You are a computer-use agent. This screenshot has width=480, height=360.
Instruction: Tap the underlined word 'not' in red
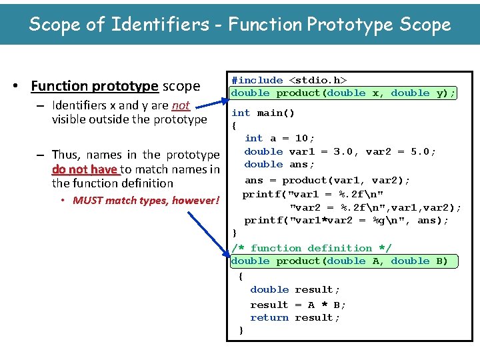point(181,105)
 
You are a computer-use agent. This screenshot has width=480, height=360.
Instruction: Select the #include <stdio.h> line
point(289,80)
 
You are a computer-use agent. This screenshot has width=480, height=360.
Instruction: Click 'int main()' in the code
point(263,113)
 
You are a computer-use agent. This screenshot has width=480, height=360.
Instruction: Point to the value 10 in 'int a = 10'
point(301,138)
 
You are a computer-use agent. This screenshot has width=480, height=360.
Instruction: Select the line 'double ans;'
point(279,164)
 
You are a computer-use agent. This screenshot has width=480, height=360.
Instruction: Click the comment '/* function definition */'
point(311,248)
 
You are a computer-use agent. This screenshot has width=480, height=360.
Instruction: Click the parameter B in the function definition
point(442,261)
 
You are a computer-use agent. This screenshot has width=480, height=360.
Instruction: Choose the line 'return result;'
point(295,317)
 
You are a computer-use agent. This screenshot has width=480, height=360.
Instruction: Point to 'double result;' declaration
point(295,289)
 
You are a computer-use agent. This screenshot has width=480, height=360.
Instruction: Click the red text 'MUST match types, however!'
point(146,200)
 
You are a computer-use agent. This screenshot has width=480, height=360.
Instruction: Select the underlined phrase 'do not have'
point(84,169)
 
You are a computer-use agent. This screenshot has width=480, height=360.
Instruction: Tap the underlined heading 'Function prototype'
point(95,86)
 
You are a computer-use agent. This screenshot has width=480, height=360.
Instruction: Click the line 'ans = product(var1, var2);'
point(327,180)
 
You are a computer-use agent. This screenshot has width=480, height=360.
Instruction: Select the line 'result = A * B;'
point(298,305)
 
